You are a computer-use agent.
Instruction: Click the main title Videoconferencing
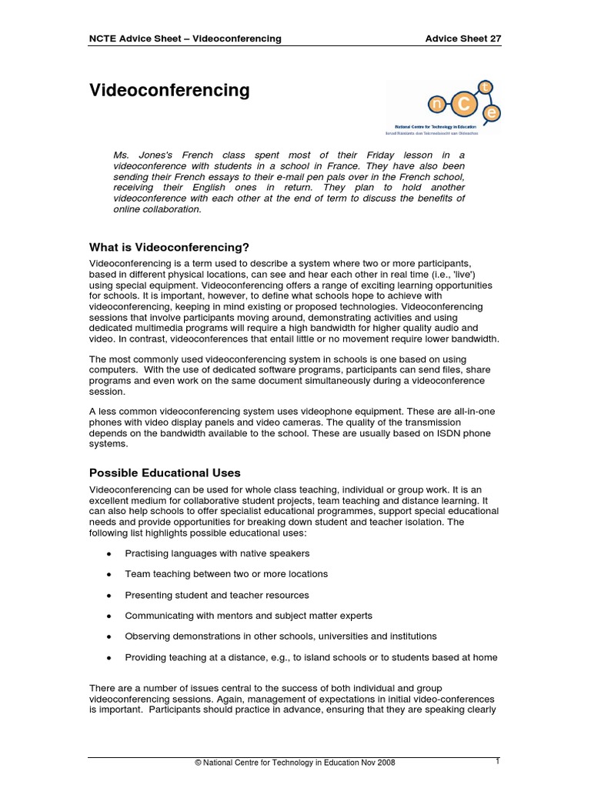(170, 91)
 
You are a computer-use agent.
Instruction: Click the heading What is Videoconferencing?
(170, 247)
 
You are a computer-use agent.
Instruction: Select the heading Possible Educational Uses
(165, 472)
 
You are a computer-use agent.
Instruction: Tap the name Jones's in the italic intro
(153, 155)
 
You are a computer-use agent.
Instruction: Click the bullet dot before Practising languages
(109, 554)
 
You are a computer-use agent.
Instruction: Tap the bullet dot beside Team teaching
(109, 575)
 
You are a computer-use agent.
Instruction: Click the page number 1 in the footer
(498, 761)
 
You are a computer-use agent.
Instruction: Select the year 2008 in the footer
(383, 762)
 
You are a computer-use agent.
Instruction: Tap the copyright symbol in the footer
(198, 762)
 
